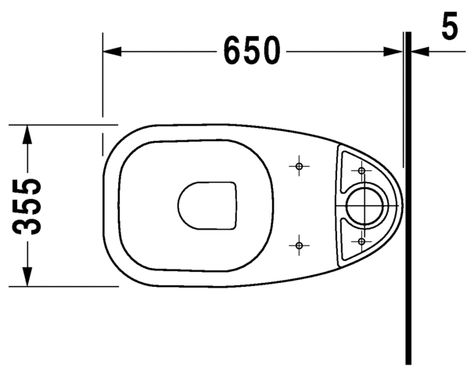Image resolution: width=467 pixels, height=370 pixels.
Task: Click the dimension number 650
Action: coord(251,52)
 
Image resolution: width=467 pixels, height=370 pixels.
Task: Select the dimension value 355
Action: coord(29,206)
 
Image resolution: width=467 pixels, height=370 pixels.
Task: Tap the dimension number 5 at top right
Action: coord(449,27)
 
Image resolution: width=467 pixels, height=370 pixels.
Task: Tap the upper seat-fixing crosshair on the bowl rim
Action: coord(298,166)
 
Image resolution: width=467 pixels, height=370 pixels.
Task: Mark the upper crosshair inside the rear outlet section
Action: coord(361,170)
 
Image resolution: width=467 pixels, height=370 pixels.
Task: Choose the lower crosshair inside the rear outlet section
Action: coord(361,241)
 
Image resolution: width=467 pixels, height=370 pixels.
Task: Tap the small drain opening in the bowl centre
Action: coord(207,206)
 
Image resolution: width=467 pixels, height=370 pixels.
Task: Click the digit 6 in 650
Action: coord(232,52)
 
